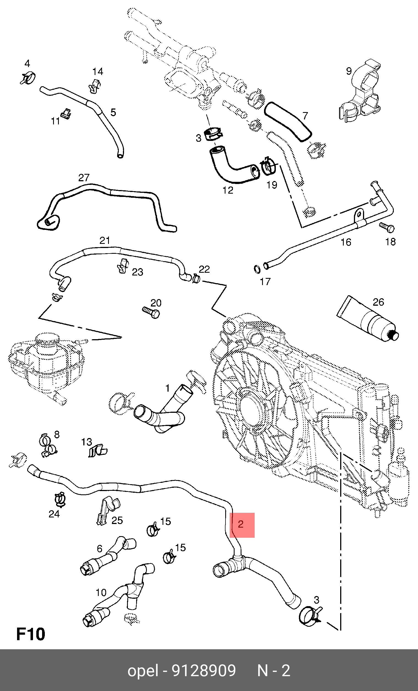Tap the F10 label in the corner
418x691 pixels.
point(31,634)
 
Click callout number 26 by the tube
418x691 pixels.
point(378,302)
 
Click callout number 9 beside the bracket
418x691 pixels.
point(349,71)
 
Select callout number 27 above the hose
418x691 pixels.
point(84,177)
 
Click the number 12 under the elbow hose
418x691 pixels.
point(228,190)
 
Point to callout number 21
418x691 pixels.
point(105,240)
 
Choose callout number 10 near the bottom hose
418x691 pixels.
point(101,593)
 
